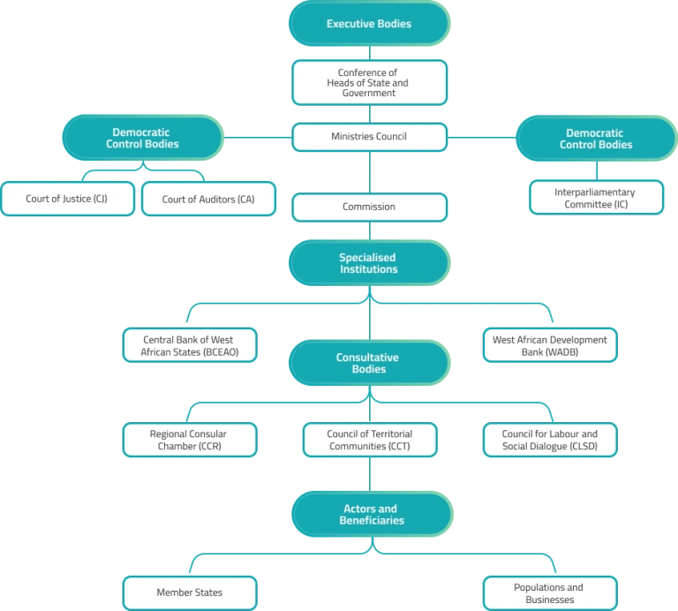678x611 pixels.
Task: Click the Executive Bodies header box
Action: pos(369,23)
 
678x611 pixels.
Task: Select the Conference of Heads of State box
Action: pos(369,83)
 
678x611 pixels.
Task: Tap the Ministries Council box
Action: pos(369,137)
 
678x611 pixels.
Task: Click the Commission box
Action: pos(369,207)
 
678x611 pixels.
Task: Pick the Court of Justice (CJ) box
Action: pos(67,199)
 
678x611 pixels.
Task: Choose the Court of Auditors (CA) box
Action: pos(208,199)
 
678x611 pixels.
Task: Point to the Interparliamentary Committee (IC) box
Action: pos(596,198)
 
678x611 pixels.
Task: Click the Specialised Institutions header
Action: pos(369,263)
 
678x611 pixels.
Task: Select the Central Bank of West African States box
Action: pos(190,345)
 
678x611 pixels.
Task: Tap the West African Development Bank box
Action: pos(550,345)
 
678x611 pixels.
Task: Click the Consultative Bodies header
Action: pos(369,363)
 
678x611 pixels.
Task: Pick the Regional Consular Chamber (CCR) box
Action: pos(190,440)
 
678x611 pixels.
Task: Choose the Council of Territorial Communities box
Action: pos(370,440)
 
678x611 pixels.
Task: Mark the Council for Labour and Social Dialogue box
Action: pos(550,440)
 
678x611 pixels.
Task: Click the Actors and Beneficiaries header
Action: pos(373,514)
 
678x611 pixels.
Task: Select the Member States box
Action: pos(190,592)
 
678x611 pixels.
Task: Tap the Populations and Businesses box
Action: pos(550,592)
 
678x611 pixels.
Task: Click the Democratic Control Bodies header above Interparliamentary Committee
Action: pos(596,139)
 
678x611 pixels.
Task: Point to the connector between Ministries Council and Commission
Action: pos(370,172)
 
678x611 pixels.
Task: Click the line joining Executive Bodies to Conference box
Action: pos(370,53)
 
